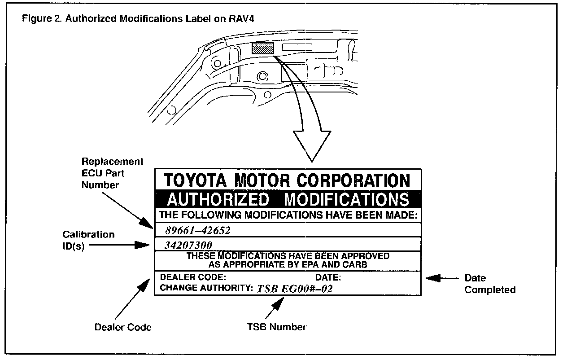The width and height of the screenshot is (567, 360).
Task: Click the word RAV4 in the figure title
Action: coord(241,19)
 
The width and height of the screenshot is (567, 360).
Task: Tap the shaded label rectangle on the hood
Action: coord(263,48)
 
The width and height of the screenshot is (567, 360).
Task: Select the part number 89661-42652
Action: coord(198,231)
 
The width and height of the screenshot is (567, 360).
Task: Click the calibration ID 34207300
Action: coord(188,245)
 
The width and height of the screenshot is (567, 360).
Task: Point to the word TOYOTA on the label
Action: coord(195,180)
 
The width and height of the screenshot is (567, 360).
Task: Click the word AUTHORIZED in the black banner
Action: coord(218,200)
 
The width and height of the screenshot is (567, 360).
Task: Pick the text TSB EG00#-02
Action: coord(295,289)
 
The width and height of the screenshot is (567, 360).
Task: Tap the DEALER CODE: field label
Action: coord(193,277)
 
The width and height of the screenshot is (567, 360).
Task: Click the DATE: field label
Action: coord(328,277)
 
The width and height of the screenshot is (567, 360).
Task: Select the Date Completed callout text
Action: coord(490,284)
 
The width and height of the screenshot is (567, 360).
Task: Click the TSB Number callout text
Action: coord(276,327)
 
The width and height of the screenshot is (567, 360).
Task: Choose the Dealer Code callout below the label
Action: coord(123,327)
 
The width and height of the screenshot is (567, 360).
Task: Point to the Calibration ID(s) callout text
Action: coord(88,240)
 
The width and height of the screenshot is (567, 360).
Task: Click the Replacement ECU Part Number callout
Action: coord(113,173)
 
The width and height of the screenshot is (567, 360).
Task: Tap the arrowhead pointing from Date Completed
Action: coord(433,278)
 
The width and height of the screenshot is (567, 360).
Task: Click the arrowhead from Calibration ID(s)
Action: coord(142,245)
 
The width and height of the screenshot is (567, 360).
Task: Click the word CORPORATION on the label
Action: coord(353,180)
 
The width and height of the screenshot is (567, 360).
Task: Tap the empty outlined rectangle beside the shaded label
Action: coord(297,48)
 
